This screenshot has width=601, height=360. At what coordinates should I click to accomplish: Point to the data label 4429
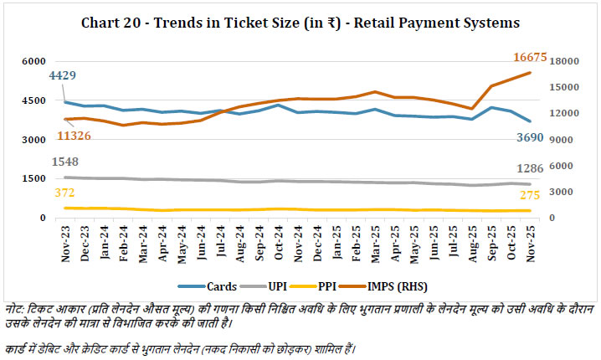coord(64,75)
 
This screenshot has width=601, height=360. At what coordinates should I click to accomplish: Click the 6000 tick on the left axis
coord(34,62)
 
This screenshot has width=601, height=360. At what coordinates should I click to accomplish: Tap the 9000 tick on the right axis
coord(561,140)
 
